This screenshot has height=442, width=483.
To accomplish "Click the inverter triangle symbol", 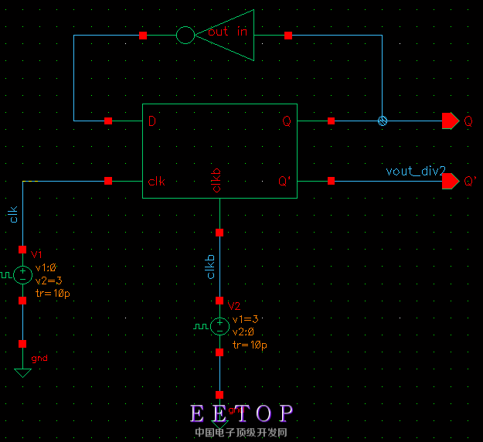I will point(232,35).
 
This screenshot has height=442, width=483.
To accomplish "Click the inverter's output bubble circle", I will point(186,36).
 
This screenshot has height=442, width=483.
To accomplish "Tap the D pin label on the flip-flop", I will point(152,121).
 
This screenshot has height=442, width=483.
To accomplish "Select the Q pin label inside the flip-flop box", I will point(287,121).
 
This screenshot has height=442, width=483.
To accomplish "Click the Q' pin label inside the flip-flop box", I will point(285,182).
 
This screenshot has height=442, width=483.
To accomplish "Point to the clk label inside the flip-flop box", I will point(157,182).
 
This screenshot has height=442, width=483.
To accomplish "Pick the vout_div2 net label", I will point(415,171).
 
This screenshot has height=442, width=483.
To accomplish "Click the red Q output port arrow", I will point(449,121).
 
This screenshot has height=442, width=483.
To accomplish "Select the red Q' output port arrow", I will point(449,181).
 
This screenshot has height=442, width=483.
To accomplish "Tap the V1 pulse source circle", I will point(23,273).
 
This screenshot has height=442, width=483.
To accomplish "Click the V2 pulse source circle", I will point(220,326).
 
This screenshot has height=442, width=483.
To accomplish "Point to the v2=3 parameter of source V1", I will point(48,280).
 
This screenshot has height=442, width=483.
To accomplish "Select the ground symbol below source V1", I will point(23,372).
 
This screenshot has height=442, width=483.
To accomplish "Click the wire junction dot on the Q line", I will point(381,121).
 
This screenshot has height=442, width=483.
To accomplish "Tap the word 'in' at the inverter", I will point(243,32).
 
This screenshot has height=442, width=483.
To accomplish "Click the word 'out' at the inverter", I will point(219,32).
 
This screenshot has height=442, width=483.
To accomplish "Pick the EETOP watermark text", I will point(242,413).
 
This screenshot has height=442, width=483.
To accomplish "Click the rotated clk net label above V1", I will point(13,214).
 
